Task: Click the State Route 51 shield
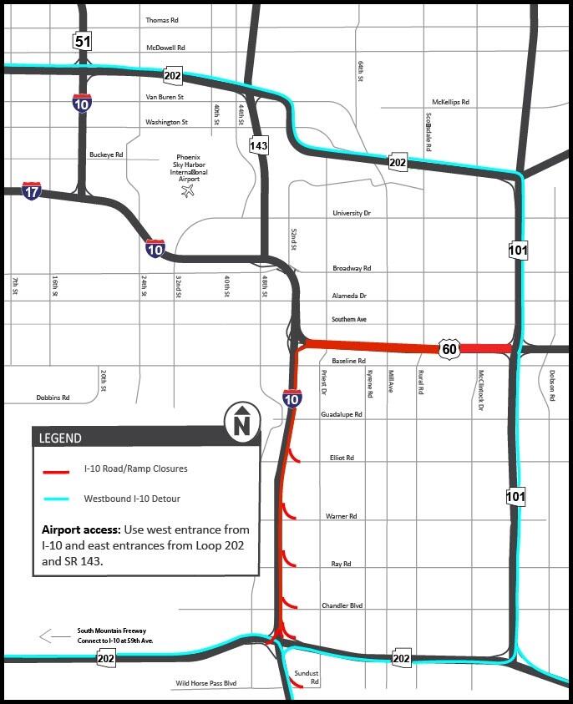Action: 82,41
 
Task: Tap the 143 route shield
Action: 259,146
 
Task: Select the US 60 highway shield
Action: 449,348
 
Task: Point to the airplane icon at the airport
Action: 186,192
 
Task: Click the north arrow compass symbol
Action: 242,422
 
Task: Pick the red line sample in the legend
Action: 56,472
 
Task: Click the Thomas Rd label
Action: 162,20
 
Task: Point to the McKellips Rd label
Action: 450,102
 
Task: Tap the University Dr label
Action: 351,214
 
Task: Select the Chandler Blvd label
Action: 342,606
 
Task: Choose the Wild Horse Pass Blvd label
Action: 205,684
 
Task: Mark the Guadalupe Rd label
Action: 342,414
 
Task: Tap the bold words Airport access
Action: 79,530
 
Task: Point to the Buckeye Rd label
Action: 106,155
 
